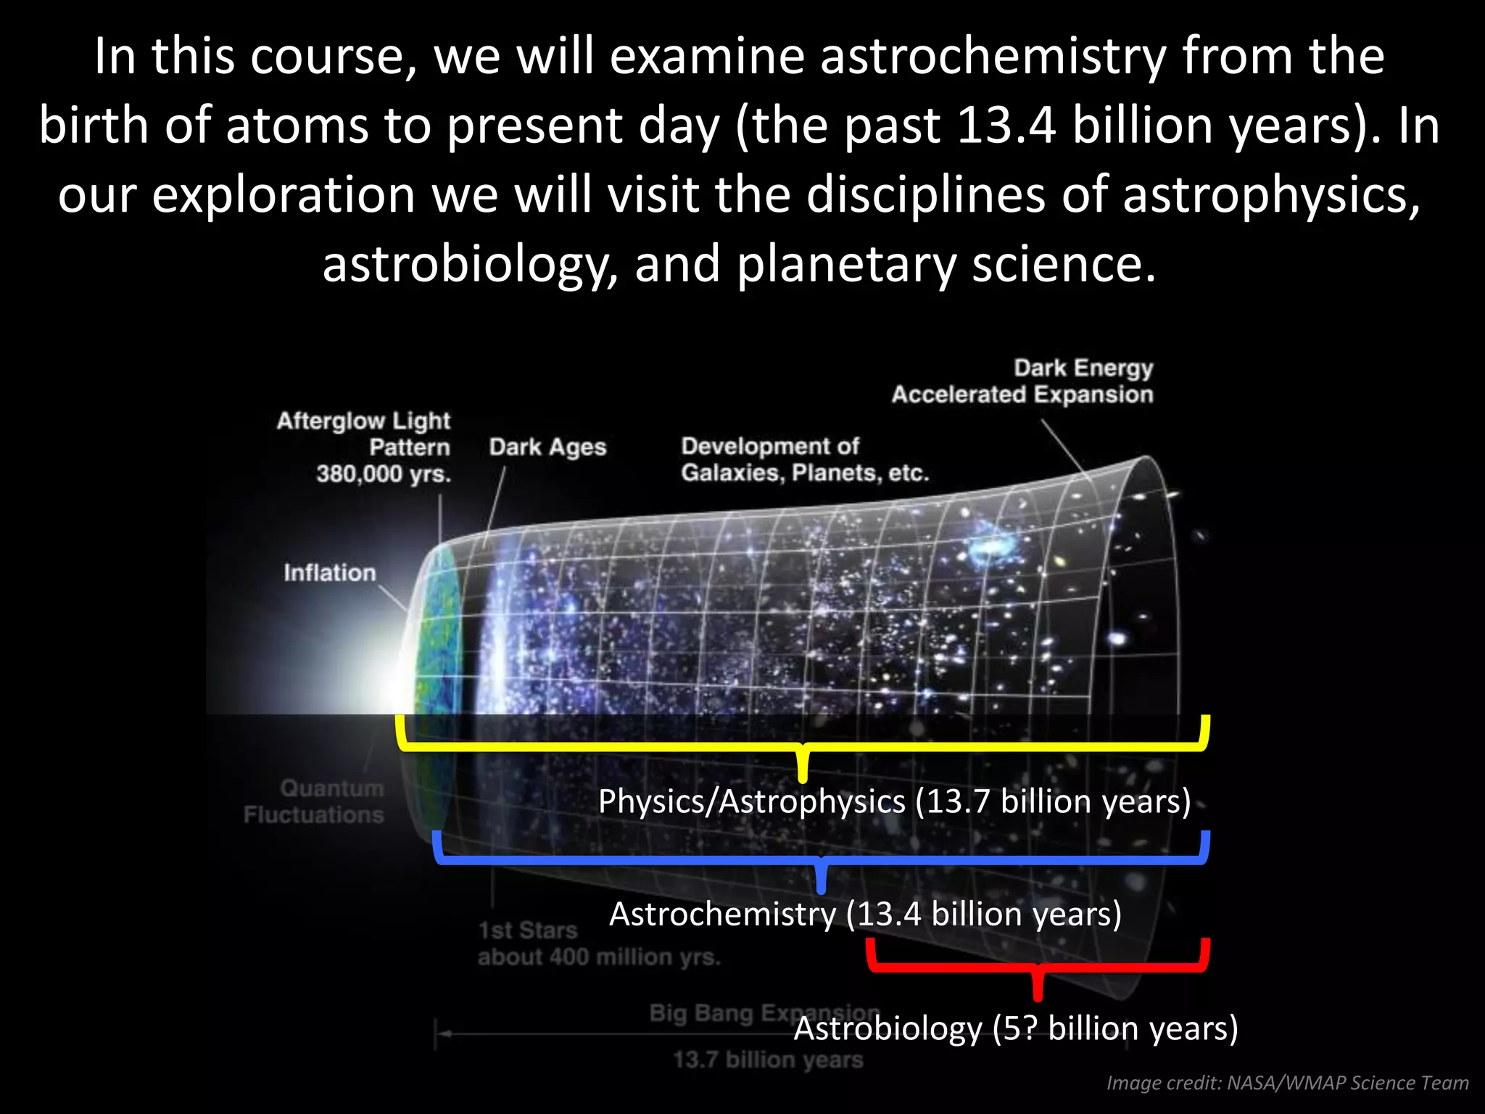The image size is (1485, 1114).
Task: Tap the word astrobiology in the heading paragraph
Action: point(464,264)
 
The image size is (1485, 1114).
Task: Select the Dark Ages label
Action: point(547,447)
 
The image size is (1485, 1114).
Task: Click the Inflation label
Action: point(330,573)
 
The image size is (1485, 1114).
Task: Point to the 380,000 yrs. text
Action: point(384,474)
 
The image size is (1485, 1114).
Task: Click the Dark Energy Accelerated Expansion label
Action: point(1022,381)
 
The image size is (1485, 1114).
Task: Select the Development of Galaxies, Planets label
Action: point(804,460)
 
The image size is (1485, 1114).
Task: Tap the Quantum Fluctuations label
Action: point(314,801)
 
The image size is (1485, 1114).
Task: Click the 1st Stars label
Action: point(528,931)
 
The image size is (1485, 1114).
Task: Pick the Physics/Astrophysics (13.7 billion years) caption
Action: point(894,802)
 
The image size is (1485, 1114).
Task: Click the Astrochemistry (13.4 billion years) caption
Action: point(865,914)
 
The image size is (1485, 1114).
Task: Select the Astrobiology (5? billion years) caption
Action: point(1015,1028)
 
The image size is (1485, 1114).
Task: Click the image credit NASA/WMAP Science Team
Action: point(1287,1083)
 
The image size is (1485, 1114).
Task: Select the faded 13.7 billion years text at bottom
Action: point(768,1060)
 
